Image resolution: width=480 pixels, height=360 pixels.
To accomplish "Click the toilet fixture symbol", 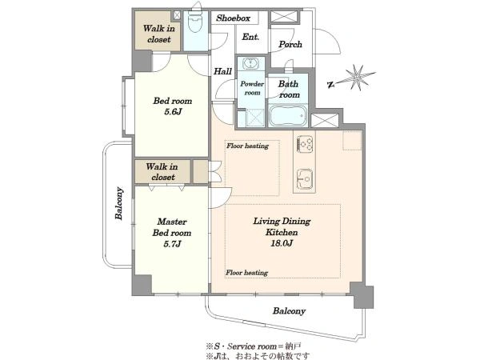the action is pos(194,22).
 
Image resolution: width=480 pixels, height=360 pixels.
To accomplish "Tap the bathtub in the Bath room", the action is pos(288,116).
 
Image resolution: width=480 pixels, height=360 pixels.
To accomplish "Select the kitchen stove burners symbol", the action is pos(305,144).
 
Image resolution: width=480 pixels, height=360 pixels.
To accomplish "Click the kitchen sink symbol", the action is pos(305,178).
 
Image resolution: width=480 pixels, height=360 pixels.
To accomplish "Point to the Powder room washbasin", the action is pos(250,64).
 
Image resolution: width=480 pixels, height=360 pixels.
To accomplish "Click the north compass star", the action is pos(356,78).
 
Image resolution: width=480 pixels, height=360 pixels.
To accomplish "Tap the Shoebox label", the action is pos(233,18).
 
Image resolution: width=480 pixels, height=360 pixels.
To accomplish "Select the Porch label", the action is pos(290,44).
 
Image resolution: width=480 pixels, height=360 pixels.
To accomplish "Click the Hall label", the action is pos(222,71).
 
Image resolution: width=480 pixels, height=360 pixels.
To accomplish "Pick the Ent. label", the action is pos(250,37).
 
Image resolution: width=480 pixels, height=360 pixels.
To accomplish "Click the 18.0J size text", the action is pos(282,243).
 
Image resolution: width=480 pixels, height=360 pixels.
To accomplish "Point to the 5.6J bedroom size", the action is pos(173,112).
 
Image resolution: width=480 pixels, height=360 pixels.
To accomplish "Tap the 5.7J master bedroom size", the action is pos(172,244).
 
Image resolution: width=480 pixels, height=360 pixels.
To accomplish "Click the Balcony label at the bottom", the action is pos(290,311).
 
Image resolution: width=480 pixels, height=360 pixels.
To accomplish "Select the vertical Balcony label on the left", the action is pos(119,203).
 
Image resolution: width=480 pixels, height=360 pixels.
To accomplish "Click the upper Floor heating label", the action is pos(247,146).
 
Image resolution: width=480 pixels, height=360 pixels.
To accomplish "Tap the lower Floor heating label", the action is pos(246,273).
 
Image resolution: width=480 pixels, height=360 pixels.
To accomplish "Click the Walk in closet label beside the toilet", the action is pos(159,34).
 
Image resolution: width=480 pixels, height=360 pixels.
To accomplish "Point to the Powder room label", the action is pos(252,88).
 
